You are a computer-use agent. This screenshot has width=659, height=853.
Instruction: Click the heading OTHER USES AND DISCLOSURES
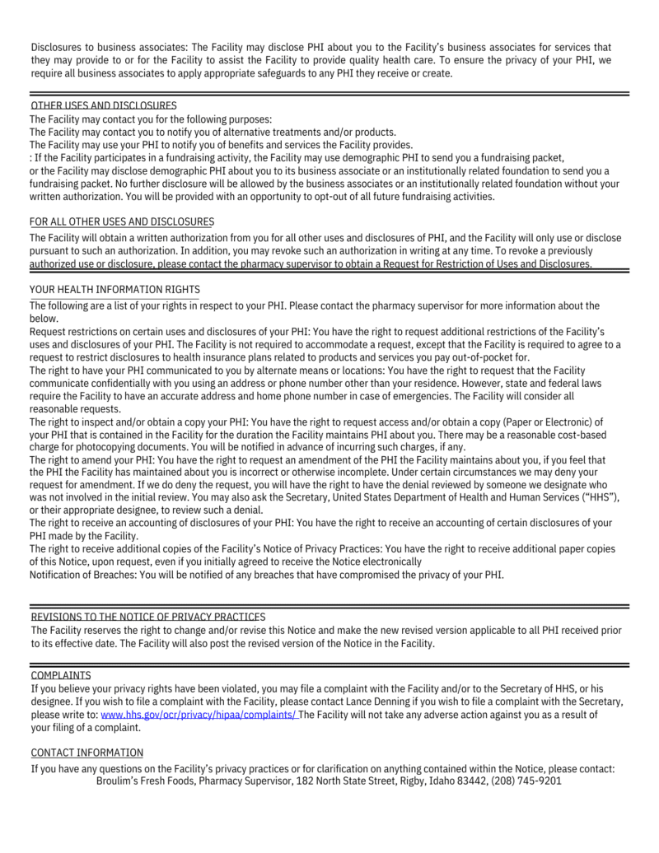[x=104, y=106]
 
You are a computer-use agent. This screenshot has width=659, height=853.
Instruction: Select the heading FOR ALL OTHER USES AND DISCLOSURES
[x=122, y=221]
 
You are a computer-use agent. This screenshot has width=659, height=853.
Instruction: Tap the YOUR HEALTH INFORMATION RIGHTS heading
[x=115, y=290]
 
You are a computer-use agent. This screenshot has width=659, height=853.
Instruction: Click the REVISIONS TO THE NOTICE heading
[x=148, y=617]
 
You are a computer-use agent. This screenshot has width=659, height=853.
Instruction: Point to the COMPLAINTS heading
[x=61, y=675]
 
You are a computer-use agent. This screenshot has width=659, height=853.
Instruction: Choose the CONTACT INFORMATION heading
[x=86, y=753]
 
